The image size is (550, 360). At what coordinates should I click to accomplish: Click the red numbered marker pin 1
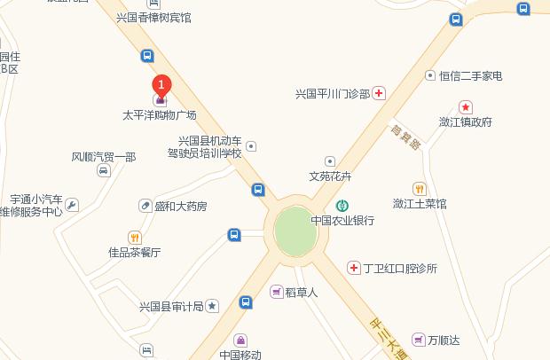pyautogui.click(x=161, y=85)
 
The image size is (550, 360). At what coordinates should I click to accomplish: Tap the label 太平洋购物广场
pyautogui.click(x=160, y=115)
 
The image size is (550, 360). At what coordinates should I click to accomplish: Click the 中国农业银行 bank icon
pyautogui.click(x=342, y=206)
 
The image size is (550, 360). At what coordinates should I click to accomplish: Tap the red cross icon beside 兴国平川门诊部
pyautogui.click(x=379, y=93)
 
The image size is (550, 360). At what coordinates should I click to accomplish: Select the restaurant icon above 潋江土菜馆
pyautogui.click(x=420, y=188)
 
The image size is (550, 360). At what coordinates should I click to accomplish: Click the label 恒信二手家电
pyautogui.click(x=471, y=76)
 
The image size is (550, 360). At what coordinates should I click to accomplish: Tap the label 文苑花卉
pyautogui.click(x=330, y=176)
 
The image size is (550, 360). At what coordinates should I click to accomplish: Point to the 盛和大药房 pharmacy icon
pyautogui.click(x=145, y=206)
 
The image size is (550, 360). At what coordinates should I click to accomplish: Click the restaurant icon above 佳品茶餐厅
pyautogui.click(x=135, y=237)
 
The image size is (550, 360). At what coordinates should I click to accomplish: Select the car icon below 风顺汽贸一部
pyautogui.click(x=104, y=170)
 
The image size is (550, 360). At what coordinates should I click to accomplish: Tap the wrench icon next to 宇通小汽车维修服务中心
pyautogui.click(x=72, y=206)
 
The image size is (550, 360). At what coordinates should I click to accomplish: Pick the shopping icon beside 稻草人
pyautogui.click(x=278, y=291)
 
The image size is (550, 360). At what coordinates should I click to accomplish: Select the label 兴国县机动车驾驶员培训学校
pyautogui.click(x=210, y=147)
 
